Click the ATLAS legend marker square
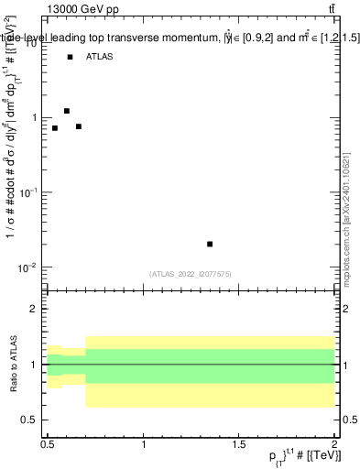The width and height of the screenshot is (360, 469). coord(70,57)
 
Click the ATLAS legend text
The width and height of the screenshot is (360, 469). coord(100,57)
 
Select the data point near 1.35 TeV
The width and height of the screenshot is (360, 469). coord(210,244)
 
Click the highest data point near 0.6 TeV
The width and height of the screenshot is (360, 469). coord(67,111)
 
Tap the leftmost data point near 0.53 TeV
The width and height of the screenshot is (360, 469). coord(55,128)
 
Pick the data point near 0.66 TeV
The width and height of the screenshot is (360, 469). coord(79,126)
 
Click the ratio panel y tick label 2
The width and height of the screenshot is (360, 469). coord(34,309)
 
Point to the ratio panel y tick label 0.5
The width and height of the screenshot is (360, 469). coord(29,420)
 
